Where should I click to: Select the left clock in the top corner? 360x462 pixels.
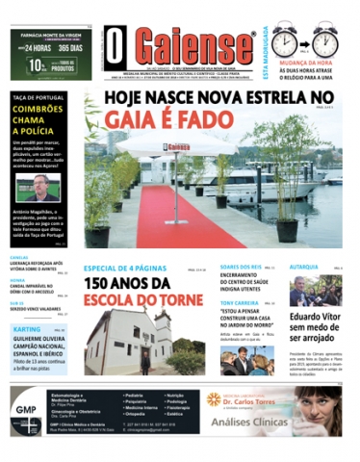coord(285,42)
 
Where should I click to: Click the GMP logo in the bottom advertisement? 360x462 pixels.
coord(27,408)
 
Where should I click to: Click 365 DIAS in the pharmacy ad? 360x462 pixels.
coord(74,47)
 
